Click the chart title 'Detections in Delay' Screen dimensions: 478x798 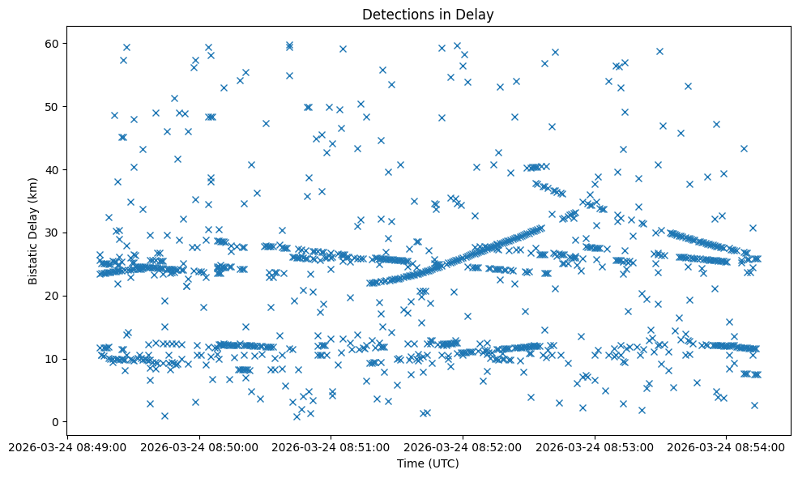coord(428,14)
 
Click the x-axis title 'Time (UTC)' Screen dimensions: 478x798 coord(428,463)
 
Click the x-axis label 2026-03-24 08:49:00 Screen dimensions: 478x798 coord(67,446)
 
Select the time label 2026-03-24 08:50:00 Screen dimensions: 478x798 coord(199,446)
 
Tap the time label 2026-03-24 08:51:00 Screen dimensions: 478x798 coord(331,446)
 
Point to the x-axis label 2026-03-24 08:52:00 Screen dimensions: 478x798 coord(463,446)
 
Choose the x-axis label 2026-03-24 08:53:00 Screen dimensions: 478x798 coord(595,446)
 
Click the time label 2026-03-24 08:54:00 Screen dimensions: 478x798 coord(727,446)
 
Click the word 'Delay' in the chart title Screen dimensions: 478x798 coord(477,14)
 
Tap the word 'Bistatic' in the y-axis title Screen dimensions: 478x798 coord(33,263)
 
